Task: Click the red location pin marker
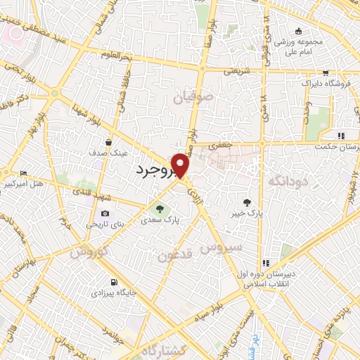pyautogui.click(x=181, y=165)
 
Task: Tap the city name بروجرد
pyautogui.click(x=150, y=170)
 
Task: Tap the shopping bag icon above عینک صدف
pyautogui.click(x=109, y=141)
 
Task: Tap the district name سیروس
pyautogui.click(x=221, y=247)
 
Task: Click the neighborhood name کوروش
pyautogui.click(x=89, y=250)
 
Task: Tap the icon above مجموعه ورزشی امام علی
pyautogui.click(x=299, y=30)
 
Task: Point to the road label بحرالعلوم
pyautogui.click(x=116, y=54)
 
